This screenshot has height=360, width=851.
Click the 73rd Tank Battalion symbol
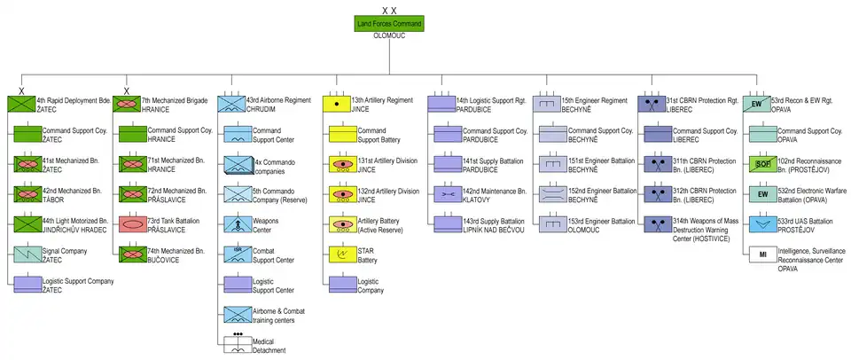(132, 223)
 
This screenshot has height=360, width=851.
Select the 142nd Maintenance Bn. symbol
(447, 194)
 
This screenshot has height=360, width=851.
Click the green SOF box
(760, 164)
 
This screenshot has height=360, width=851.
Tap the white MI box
(760, 255)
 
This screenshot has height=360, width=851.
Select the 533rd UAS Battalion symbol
(760, 224)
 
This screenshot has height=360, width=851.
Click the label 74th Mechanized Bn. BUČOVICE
(173, 254)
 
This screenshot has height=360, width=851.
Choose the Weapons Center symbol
(238, 224)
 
